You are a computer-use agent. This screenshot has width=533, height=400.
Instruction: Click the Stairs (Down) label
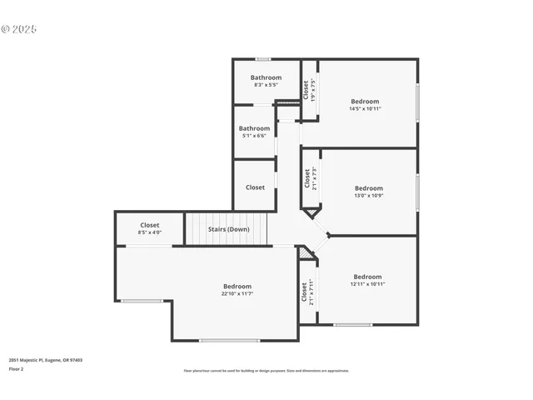[x=227, y=229]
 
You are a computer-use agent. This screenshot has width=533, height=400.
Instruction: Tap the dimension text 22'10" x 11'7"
[x=237, y=293]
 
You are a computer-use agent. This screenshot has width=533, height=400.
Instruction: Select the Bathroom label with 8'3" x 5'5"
[x=266, y=77]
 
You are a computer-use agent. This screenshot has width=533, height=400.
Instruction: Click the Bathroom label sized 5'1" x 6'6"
[x=254, y=128]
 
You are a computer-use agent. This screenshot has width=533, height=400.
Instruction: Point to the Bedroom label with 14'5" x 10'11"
[x=365, y=102]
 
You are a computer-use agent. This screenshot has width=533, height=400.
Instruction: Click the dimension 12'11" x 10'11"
[x=367, y=284]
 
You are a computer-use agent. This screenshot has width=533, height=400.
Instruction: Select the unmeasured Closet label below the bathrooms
[x=255, y=187]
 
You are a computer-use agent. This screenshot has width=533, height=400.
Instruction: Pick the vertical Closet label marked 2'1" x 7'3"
[x=306, y=177]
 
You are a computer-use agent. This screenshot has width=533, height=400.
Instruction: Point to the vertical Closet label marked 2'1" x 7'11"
[x=304, y=292]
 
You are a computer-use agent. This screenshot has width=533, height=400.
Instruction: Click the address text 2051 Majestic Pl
[x=46, y=360]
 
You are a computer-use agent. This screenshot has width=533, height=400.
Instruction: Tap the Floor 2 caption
[x=16, y=368]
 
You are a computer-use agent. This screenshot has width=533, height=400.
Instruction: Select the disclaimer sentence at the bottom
[x=266, y=371]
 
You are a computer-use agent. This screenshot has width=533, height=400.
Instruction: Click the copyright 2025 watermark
[x=19, y=29]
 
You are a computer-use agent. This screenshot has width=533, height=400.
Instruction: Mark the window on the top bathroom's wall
[x=263, y=59]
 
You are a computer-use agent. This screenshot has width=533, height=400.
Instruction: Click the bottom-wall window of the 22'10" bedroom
[x=229, y=340]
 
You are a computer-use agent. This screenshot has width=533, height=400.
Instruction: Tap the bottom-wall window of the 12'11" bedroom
[x=352, y=325]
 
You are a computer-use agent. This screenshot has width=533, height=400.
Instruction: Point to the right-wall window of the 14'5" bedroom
[x=417, y=102]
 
